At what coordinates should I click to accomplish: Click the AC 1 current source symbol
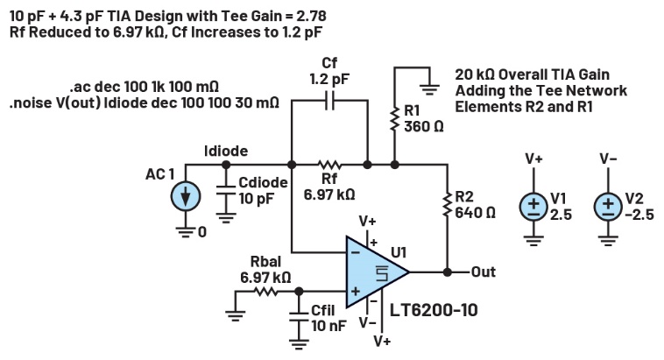pos(185,198)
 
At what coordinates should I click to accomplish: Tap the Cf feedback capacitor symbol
pos(329,101)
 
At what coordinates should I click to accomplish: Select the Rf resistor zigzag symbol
pos(329,164)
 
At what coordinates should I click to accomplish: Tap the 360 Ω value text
pos(423,126)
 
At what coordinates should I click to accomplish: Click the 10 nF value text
pos(328,326)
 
